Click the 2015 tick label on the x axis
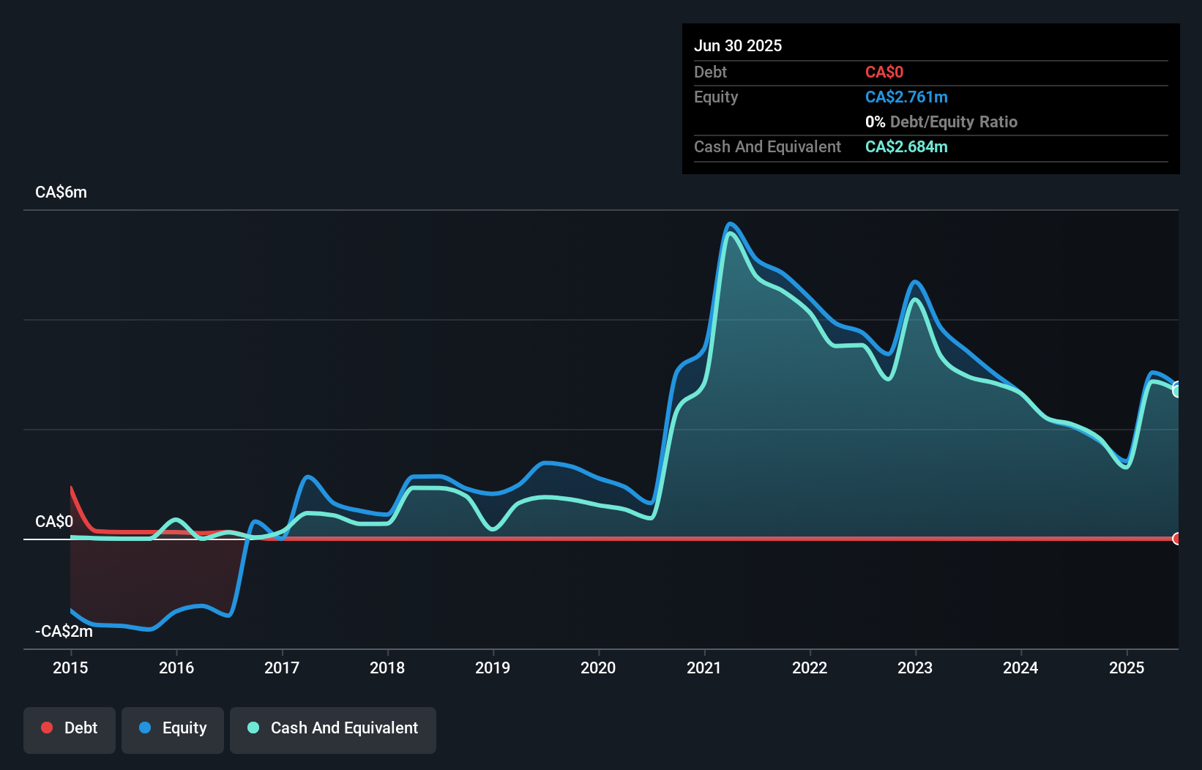70,668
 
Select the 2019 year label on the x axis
493,668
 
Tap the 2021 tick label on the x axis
704,668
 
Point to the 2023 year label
915,668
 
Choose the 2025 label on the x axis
1127,668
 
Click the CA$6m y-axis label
61,192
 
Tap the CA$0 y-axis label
54,521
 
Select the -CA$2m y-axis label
64,631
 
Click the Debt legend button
70,728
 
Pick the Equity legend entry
173,728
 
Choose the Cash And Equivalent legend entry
333,728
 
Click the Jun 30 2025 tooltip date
738,46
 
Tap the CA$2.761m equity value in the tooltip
906,97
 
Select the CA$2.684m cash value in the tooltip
906,147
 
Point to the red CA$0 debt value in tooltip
884,72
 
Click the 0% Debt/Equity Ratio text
941,122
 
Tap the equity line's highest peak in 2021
729,224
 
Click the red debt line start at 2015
71,487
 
